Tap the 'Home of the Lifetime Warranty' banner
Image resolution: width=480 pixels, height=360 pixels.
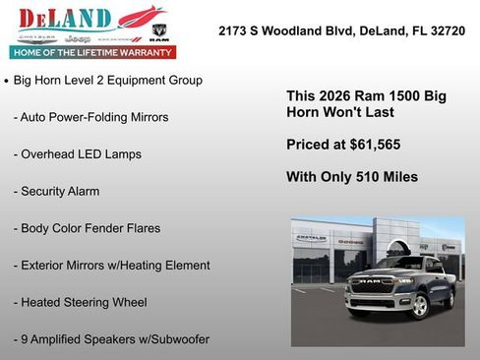point(91,51)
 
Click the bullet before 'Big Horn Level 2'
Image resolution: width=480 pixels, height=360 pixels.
point(7,81)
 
